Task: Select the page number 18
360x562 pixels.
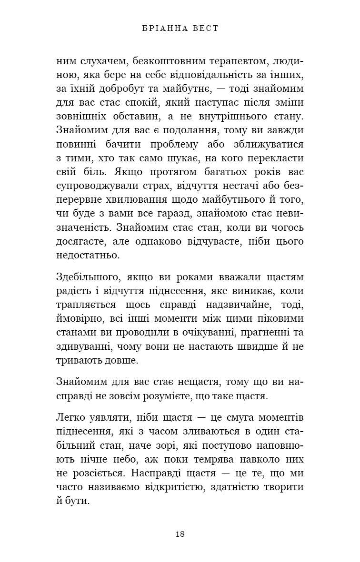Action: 180,534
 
